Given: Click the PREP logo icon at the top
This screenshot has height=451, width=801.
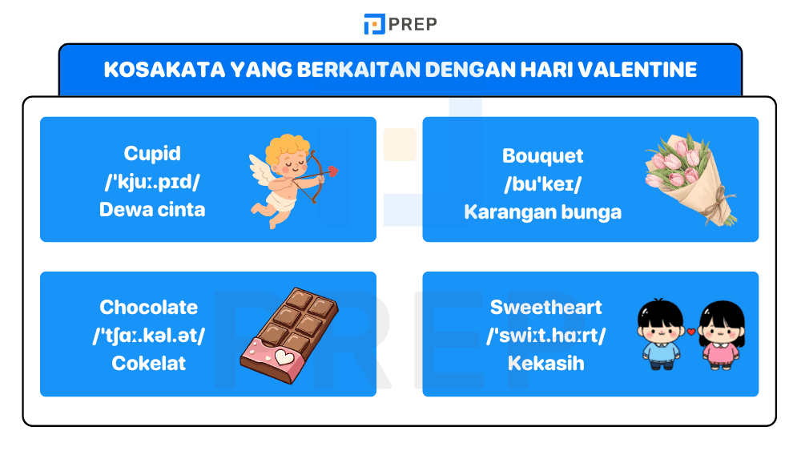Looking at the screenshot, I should click(x=374, y=24).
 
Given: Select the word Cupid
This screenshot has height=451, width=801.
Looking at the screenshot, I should click(x=152, y=153).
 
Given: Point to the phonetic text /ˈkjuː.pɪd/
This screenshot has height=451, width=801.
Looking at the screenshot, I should click(x=152, y=182).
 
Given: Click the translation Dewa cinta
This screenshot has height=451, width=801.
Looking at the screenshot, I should click(x=152, y=210).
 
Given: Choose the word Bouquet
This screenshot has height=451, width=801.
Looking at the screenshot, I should click(x=542, y=155).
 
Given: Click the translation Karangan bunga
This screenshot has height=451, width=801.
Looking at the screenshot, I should click(x=542, y=211).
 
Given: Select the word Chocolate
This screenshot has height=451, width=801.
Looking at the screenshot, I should click(x=149, y=307).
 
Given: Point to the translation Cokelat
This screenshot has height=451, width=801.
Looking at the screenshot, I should click(x=149, y=363).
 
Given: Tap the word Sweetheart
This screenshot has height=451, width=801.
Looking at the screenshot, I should click(x=545, y=307).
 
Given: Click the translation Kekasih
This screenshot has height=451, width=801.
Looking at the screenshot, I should click(x=545, y=363).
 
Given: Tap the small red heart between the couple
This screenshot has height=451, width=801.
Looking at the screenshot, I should click(x=691, y=331).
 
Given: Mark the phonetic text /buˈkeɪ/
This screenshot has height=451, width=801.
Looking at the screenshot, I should click(x=542, y=183).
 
